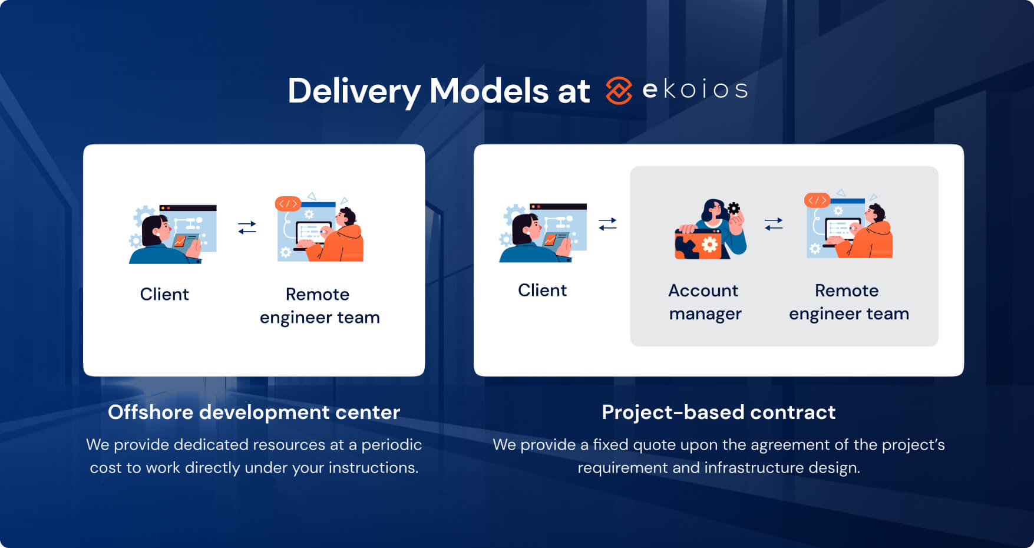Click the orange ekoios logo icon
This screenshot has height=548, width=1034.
619,91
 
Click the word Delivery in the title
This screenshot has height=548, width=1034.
354,91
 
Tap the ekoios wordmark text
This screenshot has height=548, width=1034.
695,90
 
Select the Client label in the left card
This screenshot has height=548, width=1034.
164,294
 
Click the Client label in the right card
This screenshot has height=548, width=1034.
542,290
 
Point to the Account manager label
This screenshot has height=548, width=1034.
705,302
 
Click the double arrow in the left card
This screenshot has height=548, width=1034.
247,227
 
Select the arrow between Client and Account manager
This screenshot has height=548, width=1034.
607,224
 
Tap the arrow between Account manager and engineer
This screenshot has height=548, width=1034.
774,224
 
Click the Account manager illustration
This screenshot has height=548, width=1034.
711,230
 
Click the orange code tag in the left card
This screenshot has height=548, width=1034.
288,204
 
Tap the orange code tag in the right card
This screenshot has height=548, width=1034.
817,200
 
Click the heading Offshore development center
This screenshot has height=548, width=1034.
254,412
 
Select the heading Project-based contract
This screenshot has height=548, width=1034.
718,412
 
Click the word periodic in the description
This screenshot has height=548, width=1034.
391,445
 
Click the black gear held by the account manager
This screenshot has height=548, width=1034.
734,208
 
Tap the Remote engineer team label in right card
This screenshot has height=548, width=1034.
848,302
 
